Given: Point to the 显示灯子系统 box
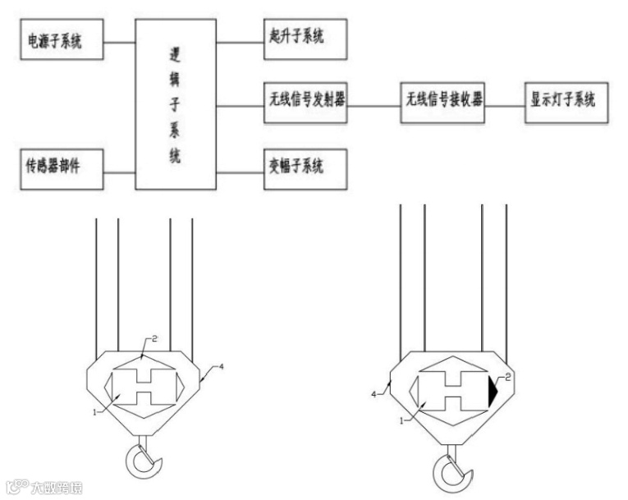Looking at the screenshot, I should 567,103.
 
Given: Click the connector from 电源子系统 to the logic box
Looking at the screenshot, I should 119,39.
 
